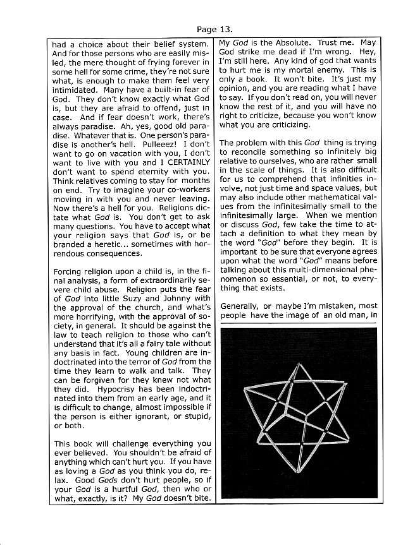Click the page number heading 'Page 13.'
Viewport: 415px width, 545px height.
tap(214, 29)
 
